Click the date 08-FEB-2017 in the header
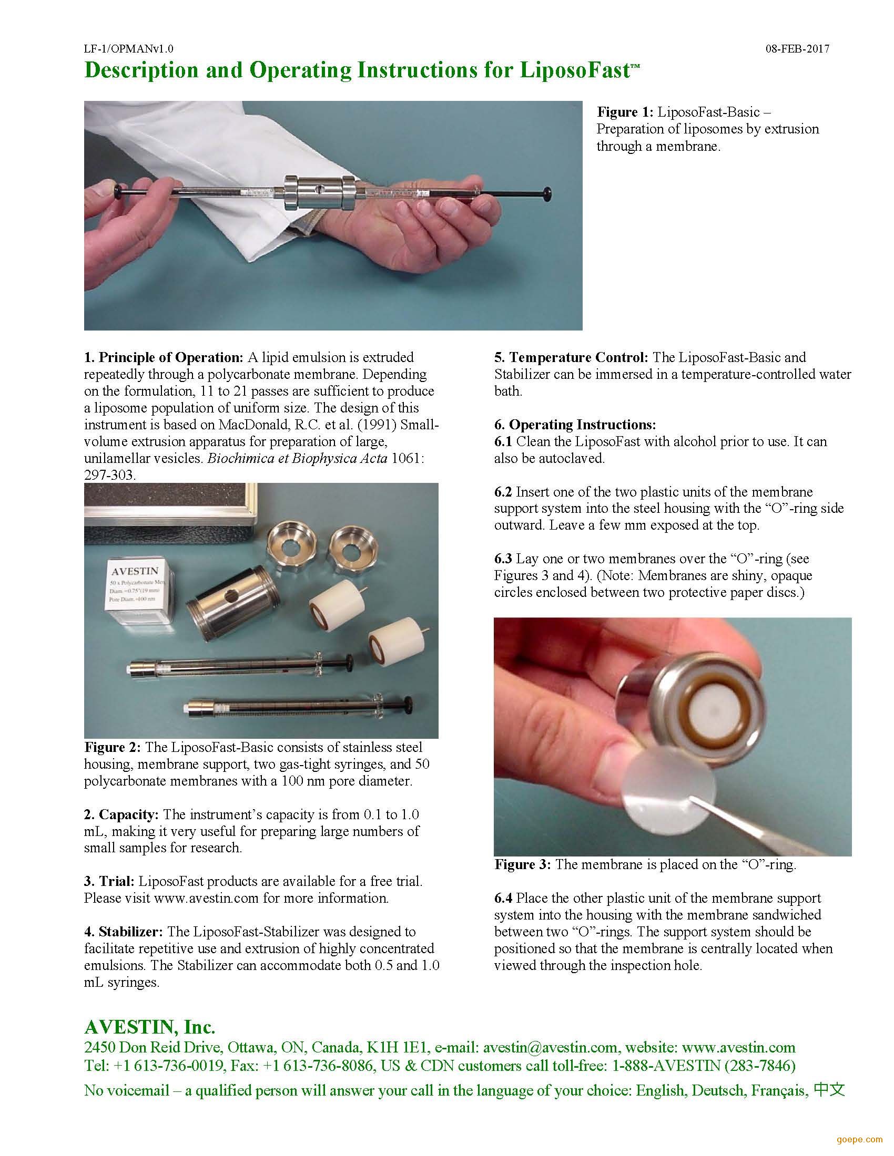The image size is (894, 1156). [x=797, y=49]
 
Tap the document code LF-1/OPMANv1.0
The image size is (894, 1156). [x=129, y=49]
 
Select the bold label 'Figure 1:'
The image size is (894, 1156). [x=625, y=112]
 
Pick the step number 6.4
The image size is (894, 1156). [x=503, y=898]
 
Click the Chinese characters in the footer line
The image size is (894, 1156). [x=829, y=1090]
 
